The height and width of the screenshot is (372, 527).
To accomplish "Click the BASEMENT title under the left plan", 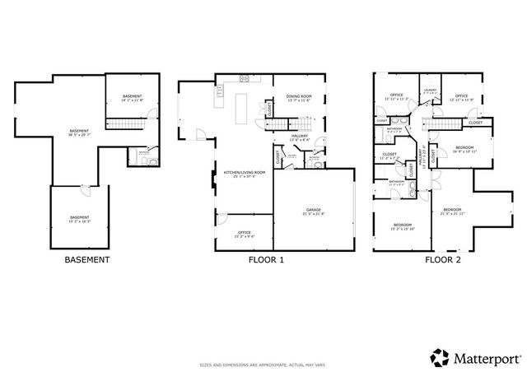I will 86,260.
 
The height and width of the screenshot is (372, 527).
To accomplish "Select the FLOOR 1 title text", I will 265,260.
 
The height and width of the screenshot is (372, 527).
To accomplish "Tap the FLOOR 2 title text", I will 442,260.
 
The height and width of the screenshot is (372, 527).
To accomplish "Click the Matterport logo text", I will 476,356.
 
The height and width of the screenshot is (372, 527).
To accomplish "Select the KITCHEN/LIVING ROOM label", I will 245,173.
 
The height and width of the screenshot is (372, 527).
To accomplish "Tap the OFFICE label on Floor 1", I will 244,233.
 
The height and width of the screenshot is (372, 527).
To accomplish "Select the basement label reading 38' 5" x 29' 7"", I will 79,133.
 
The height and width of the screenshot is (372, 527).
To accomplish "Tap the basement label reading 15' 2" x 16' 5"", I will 79,219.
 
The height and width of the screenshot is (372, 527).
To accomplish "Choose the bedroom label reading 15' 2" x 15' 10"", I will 402,226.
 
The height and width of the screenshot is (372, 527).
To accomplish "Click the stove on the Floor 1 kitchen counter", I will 245,79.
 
